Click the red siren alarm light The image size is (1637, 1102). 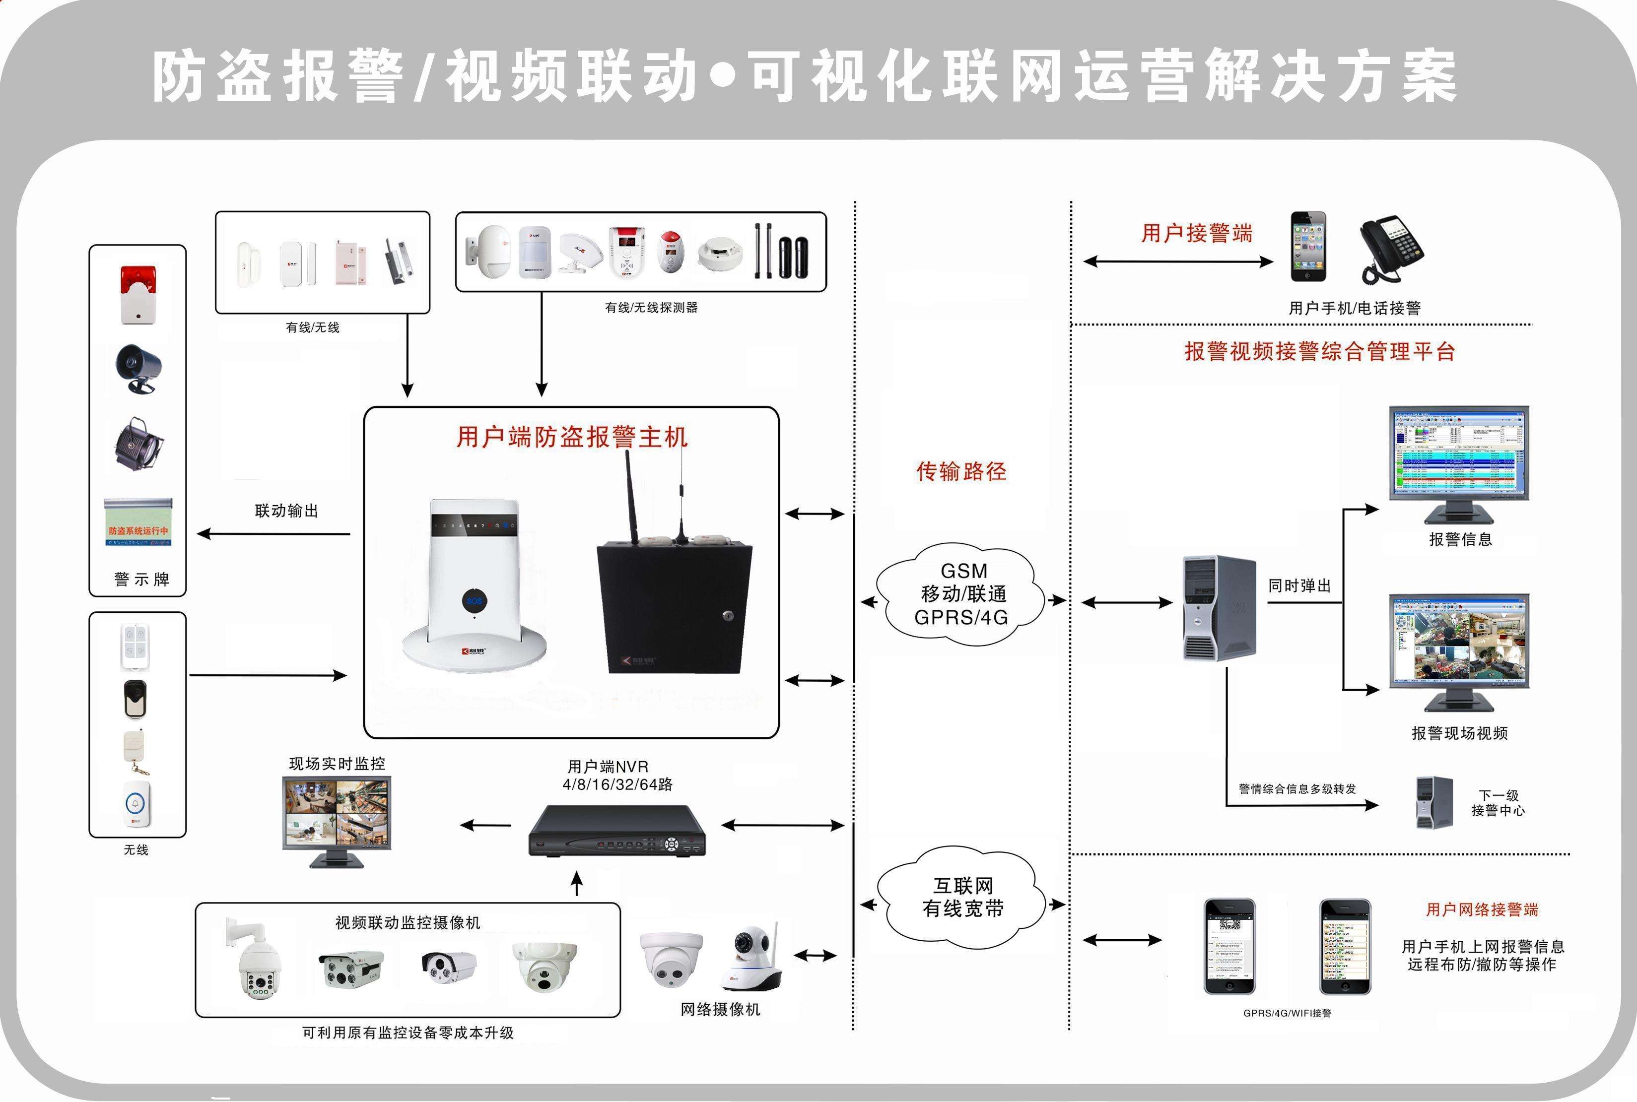pos(138,294)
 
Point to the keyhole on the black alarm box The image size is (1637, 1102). pos(728,616)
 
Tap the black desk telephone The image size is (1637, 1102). pos(1391,248)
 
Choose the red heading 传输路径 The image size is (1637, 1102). pos(961,471)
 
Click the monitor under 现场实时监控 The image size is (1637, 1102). pos(337,819)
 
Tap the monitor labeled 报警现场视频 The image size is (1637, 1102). pos(1458,650)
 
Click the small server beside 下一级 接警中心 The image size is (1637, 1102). pos(1434,803)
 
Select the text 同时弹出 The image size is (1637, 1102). pos(1299,586)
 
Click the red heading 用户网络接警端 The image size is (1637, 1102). pos(1482,909)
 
